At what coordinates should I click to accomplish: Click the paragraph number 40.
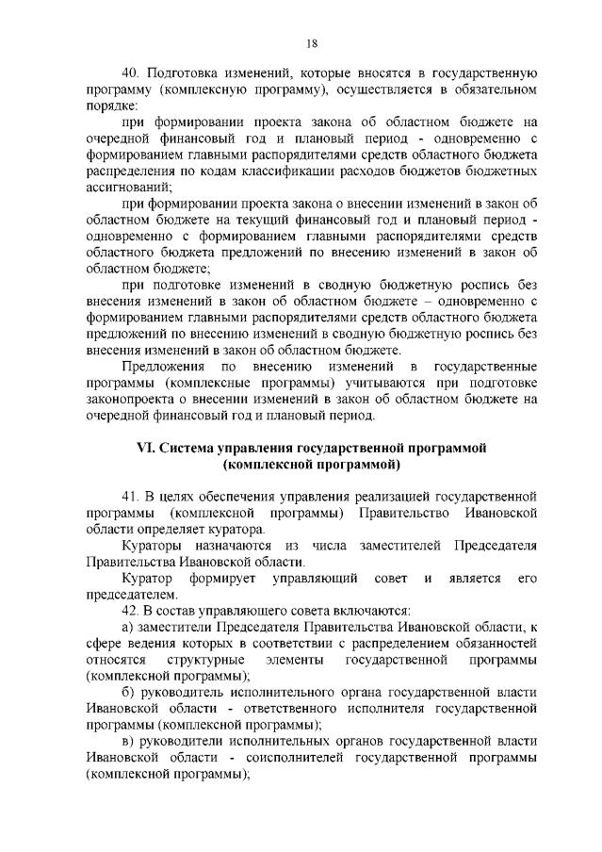pos(133,72)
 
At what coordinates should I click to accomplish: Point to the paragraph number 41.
pos(132,495)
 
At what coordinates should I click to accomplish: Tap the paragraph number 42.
pos(132,611)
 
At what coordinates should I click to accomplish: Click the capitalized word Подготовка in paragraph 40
pos(188,72)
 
